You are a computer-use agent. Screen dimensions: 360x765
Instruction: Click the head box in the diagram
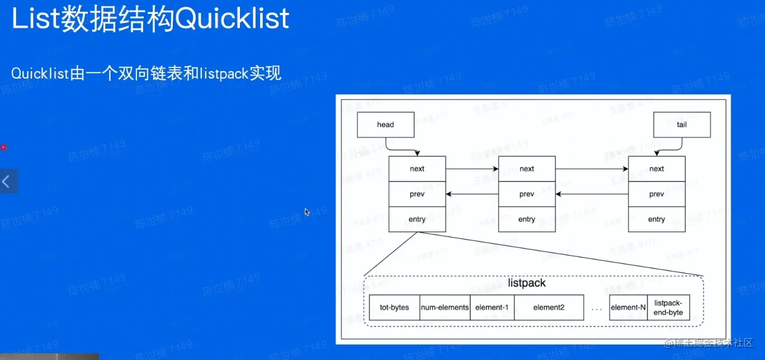[x=385, y=125]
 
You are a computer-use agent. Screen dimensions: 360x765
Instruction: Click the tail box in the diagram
[x=682, y=125]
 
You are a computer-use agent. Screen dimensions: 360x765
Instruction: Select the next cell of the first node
[x=417, y=169]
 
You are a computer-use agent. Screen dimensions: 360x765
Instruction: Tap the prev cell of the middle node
[x=527, y=194]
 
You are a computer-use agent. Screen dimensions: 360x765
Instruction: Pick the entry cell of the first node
[x=417, y=219]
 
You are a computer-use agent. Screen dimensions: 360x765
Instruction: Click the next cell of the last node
[x=657, y=169]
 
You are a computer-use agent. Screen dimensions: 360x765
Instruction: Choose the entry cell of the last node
[x=657, y=219]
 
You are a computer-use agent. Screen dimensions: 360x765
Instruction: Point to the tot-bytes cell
[x=394, y=307]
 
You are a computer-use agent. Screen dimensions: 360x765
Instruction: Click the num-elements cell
[x=445, y=307]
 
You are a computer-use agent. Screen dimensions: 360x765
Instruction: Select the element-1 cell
[x=492, y=307]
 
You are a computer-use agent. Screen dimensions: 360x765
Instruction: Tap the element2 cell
[x=549, y=307]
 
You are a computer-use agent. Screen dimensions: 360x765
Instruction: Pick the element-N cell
[x=628, y=307]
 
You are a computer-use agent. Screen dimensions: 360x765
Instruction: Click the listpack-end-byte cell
[x=668, y=307]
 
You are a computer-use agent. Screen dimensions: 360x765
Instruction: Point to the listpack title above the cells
[x=527, y=283]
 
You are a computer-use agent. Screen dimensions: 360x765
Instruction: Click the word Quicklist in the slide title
[x=233, y=18]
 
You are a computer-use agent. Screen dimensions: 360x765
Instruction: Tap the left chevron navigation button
[x=7, y=181]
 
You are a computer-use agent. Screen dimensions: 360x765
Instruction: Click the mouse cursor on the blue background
[x=307, y=212]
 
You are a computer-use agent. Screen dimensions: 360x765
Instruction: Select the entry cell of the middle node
[x=527, y=219]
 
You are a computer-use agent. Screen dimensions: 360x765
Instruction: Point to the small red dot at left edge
[x=3, y=147]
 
